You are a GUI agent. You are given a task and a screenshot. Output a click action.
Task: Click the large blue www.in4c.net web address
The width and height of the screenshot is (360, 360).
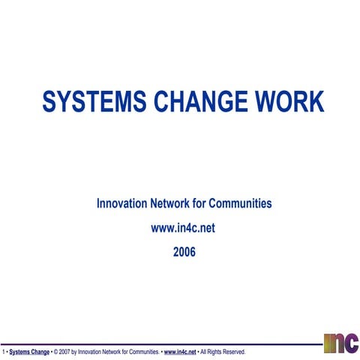tap(184, 228)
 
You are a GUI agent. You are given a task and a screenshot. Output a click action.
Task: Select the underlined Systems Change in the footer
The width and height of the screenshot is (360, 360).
tap(29, 351)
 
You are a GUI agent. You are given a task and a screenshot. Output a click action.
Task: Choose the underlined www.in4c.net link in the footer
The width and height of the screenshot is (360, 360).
tap(180, 351)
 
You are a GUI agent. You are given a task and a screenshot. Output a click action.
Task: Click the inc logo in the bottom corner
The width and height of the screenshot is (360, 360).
tap(340, 342)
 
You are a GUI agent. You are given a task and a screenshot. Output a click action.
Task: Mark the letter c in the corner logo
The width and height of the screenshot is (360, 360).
tap(349, 343)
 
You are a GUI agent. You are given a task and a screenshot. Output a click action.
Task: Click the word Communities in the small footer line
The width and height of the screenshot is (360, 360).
tap(142, 351)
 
